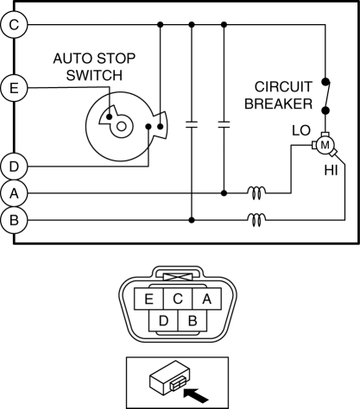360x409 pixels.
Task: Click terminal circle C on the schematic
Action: (14, 25)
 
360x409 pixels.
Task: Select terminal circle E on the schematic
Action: (14, 88)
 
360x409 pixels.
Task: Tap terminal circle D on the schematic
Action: (14, 167)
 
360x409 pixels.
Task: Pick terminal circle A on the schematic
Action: (14, 193)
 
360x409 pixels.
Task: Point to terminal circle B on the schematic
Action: (14, 220)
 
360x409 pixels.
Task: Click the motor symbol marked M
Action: (325, 145)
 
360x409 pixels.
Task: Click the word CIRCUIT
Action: (283, 87)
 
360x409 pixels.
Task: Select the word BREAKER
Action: (278, 104)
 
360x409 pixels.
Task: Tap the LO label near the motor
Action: (301, 130)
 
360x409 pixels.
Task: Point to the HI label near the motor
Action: (331, 170)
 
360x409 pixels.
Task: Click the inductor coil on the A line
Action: (256, 192)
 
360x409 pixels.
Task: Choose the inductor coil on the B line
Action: (256, 220)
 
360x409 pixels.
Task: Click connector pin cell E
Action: (148, 299)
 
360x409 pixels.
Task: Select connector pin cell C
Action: (178, 299)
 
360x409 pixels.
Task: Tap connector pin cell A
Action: (207, 299)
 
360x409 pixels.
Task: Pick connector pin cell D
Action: (163, 320)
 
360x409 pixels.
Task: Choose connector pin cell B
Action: (193, 320)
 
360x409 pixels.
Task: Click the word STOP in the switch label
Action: (116, 59)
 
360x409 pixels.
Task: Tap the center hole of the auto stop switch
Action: (121, 126)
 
